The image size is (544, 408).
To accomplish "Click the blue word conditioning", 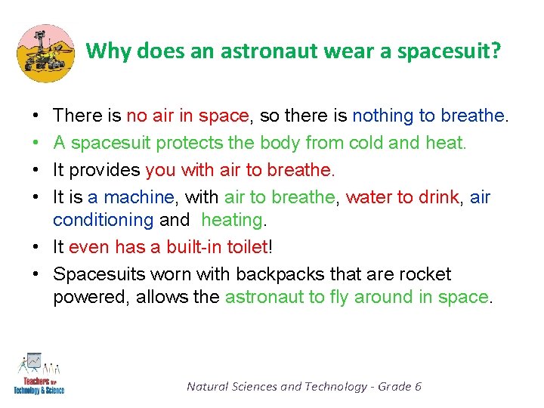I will click(104, 220).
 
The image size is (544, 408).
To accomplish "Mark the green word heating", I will click(233, 220).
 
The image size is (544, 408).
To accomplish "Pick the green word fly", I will click(337, 297).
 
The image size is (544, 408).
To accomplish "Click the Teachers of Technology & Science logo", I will click(39, 374).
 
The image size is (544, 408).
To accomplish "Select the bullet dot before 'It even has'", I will click(37, 247).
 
